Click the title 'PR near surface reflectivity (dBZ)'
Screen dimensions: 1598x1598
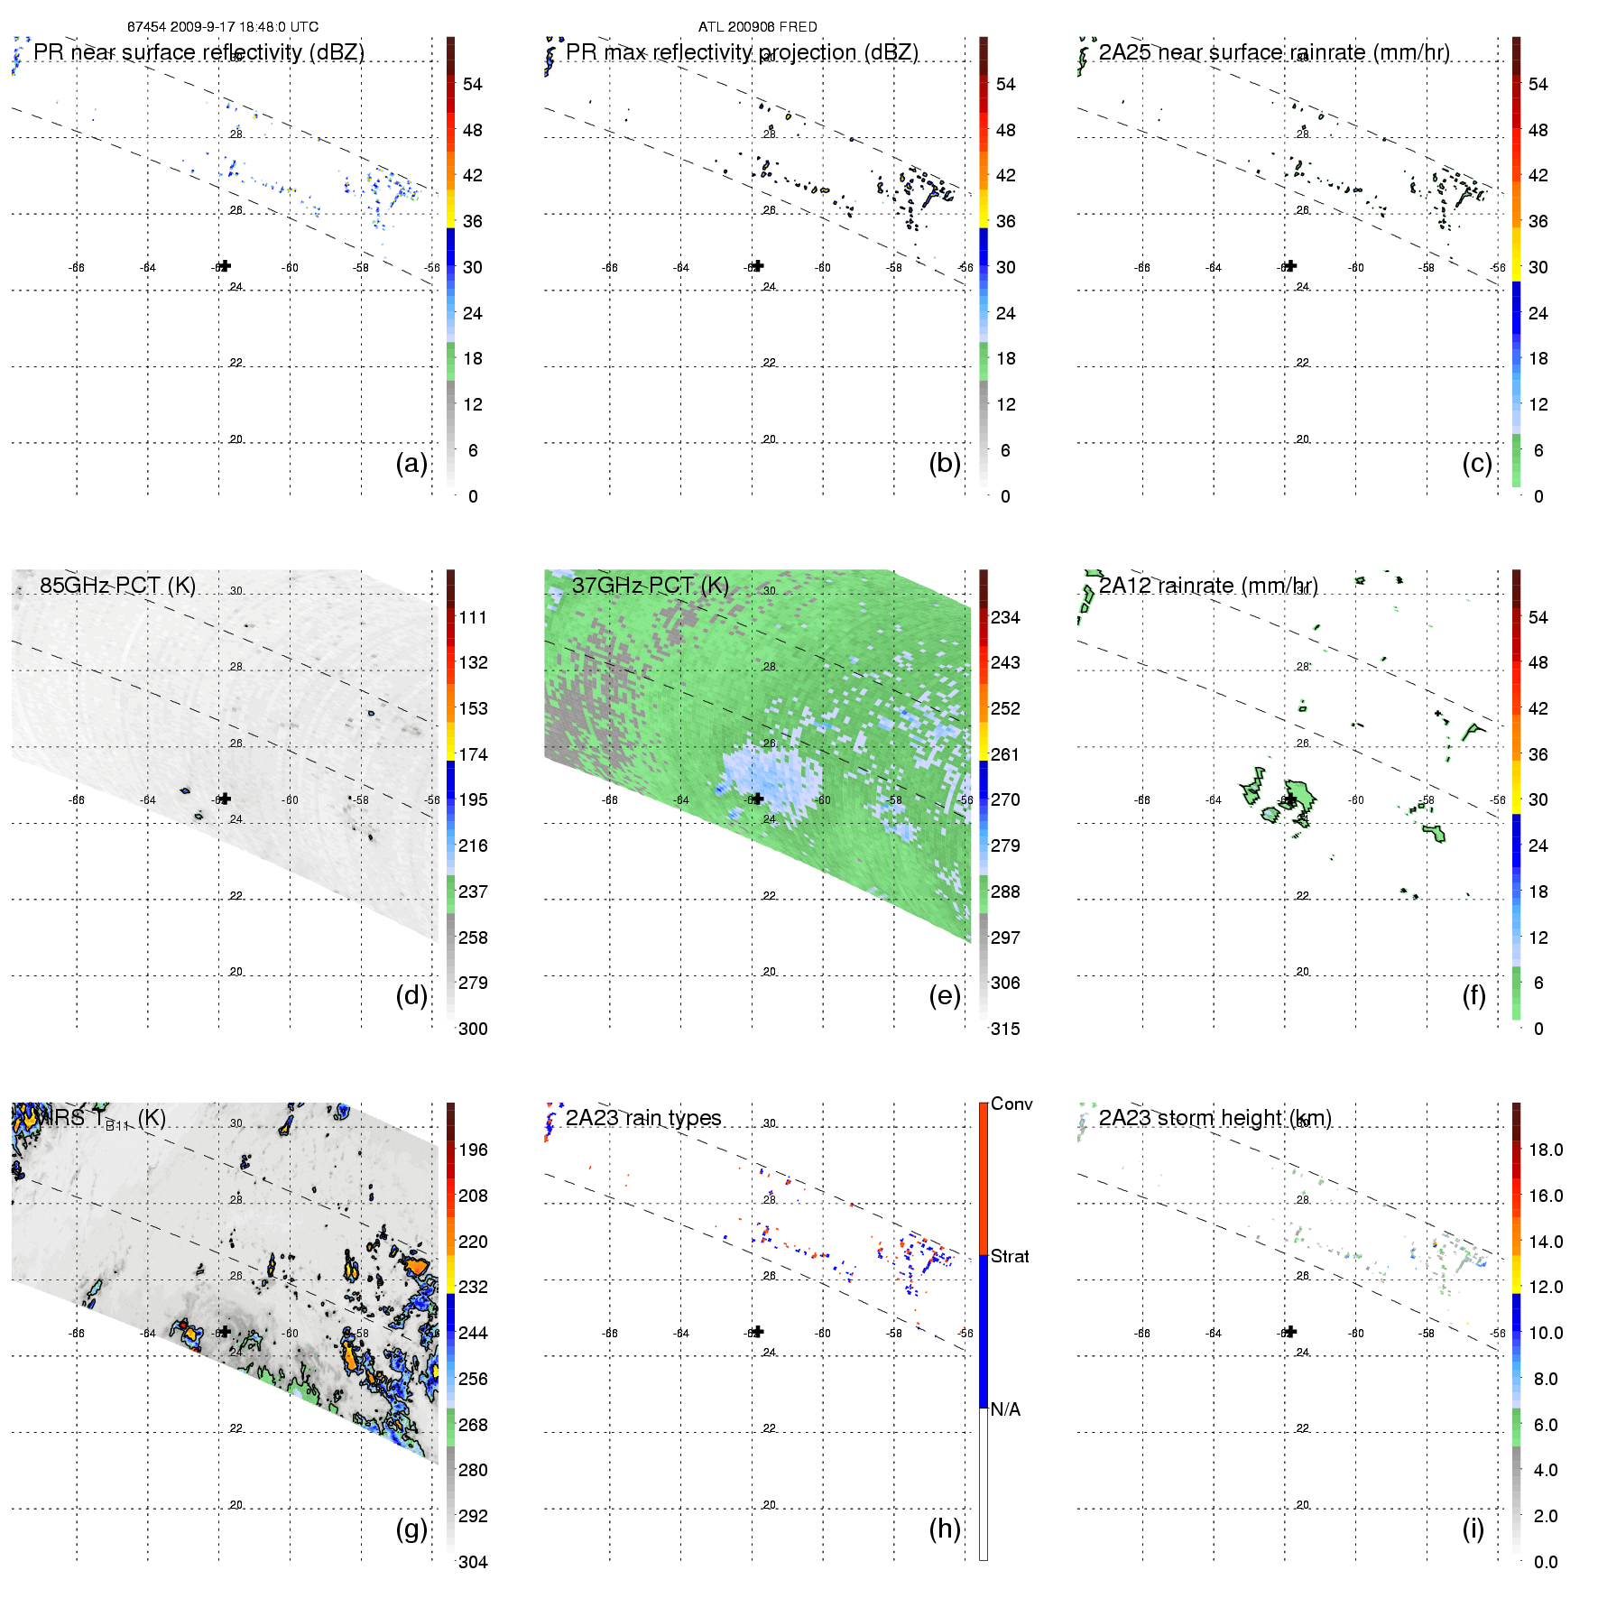[199, 52]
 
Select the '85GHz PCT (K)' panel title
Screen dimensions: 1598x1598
[117, 586]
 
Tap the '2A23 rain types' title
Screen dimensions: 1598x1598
[643, 1118]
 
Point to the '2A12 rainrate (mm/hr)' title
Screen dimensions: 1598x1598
[1208, 586]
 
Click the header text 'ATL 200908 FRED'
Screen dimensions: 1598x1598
[757, 27]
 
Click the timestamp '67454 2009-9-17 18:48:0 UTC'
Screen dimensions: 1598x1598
[223, 27]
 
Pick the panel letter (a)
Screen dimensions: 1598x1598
[411, 463]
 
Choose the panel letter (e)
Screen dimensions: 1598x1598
[945, 995]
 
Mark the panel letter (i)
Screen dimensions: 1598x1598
[1473, 1529]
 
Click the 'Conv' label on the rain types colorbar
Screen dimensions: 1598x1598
[1011, 1104]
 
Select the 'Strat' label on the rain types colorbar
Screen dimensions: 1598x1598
[1010, 1256]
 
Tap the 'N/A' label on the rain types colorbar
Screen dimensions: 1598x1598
[1005, 1409]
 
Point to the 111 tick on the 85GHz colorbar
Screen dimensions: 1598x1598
[473, 617]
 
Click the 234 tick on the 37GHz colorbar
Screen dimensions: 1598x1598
[1005, 617]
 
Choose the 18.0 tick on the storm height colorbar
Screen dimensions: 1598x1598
[1546, 1150]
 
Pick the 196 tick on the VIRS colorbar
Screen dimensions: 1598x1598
[473, 1150]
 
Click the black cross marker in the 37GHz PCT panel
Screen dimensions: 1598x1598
[758, 798]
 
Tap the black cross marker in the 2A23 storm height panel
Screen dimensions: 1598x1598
[1291, 1331]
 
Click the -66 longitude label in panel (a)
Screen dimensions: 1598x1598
[77, 268]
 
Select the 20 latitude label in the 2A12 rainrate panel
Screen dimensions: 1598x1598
[1302, 972]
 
